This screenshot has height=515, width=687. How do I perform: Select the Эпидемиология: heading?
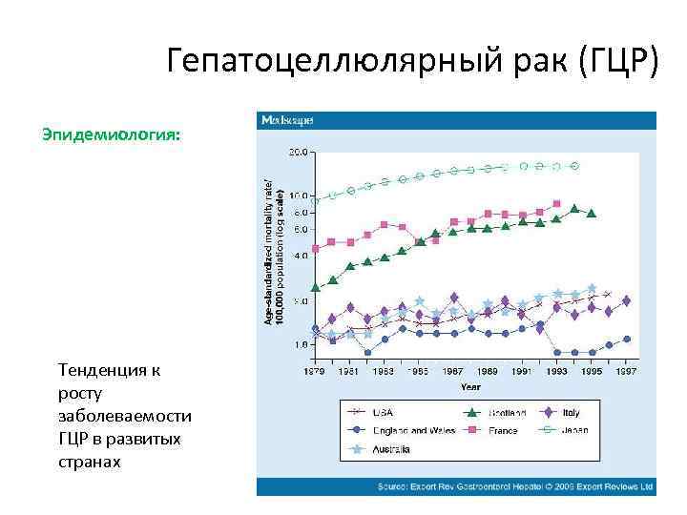click(x=110, y=134)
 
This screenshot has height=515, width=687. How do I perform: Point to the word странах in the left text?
click(x=90, y=462)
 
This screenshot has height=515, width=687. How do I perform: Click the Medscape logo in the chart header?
click(x=287, y=121)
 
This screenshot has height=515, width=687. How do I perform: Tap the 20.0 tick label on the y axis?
click(x=298, y=152)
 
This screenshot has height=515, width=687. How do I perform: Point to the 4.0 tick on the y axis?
click(x=300, y=256)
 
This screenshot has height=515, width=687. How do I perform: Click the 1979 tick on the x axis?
click(x=316, y=371)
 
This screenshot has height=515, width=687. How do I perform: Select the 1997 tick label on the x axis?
click(x=626, y=371)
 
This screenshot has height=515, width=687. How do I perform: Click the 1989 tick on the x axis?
click(x=487, y=371)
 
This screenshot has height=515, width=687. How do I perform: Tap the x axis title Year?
click(x=470, y=387)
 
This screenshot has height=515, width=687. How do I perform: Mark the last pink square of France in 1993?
click(x=556, y=203)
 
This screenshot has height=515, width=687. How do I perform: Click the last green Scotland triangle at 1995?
click(x=592, y=214)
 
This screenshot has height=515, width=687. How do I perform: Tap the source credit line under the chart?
click(x=515, y=485)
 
